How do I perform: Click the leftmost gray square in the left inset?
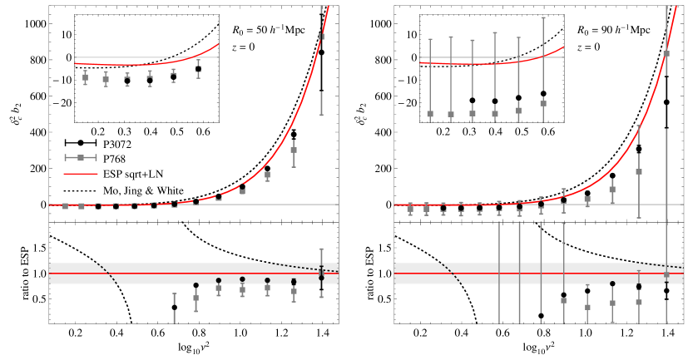point(85,77)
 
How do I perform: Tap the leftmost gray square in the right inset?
point(430,113)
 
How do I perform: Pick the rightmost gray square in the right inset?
point(543,103)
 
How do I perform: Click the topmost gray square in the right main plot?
point(666,54)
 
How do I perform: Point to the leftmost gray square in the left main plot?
point(65,206)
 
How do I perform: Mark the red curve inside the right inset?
point(483,63)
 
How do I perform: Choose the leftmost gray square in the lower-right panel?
point(563,300)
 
